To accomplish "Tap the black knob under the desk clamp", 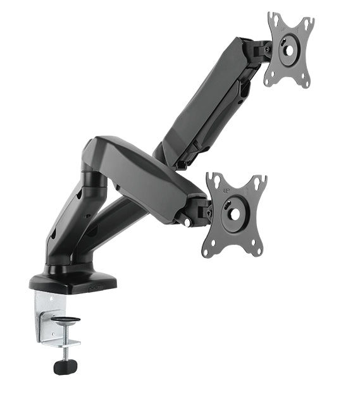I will coord(65,366).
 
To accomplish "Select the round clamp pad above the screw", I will coord(65,321).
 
